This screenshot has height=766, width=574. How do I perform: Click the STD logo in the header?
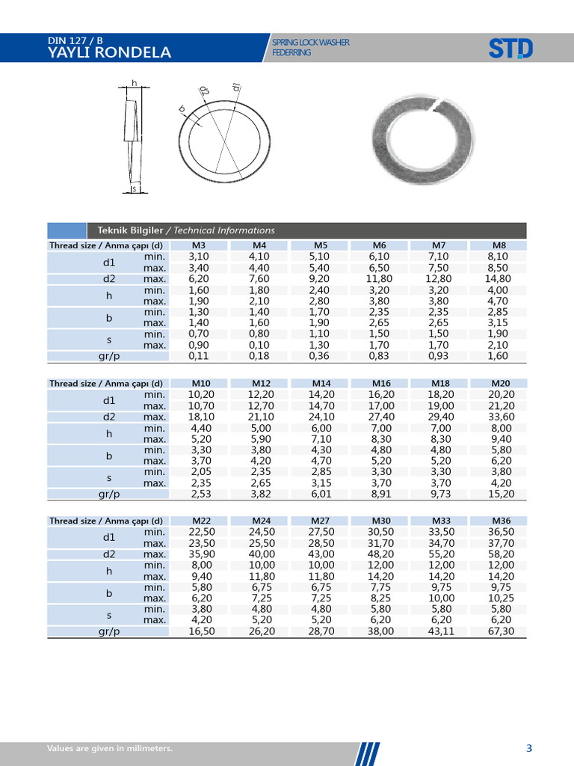click(x=510, y=49)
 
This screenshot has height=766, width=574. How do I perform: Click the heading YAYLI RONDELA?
click(x=109, y=52)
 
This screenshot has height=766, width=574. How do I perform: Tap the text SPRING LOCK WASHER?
click(x=311, y=43)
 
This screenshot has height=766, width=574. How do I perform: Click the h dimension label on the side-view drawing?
click(x=134, y=82)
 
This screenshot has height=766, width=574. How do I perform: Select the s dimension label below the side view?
click(x=133, y=189)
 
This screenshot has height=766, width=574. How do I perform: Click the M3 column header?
click(x=200, y=245)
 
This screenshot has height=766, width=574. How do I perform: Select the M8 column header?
click(x=499, y=245)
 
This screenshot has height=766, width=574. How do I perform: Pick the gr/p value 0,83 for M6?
click(x=380, y=357)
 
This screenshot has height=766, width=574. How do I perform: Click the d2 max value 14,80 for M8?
click(x=499, y=279)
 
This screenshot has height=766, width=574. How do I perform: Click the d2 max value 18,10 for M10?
click(x=201, y=417)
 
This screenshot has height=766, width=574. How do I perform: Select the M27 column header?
click(x=321, y=521)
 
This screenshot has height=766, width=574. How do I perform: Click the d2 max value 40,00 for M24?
click(x=261, y=554)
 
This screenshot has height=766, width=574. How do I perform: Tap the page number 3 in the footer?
click(x=528, y=748)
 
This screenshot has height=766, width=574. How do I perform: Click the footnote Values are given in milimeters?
click(x=110, y=748)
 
